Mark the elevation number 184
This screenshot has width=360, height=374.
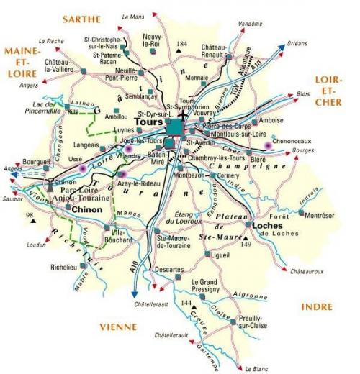point(181,45)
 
